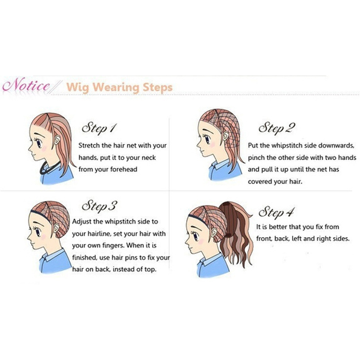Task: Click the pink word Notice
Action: (26, 85)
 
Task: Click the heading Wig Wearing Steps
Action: (119, 87)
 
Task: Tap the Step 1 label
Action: (99, 128)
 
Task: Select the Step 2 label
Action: (277, 128)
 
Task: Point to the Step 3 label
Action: (99, 206)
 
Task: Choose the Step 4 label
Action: (276, 212)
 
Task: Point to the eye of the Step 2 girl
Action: (207, 139)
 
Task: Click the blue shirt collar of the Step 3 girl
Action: (51, 254)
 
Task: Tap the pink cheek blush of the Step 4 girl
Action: (201, 241)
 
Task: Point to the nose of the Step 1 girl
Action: (30, 148)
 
